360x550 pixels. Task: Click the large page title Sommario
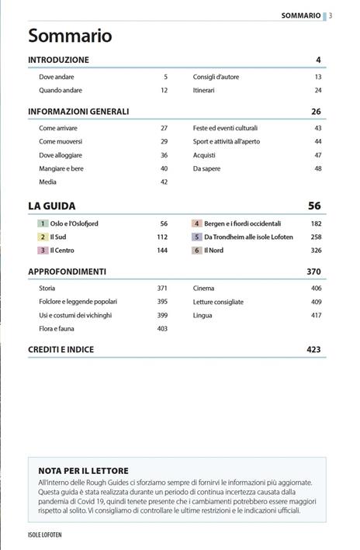(x=70, y=36)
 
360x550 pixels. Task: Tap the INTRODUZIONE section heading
(x=58, y=60)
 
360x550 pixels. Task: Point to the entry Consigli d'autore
(x=218, y=77)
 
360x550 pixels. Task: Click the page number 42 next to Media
(x=164, y=182)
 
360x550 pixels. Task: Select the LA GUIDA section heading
(x=52, y=206)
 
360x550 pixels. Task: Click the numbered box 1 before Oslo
(x=43, y=223)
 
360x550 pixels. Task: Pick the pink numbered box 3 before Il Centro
(x=43, y=251)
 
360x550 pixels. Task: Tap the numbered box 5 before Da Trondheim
(x=198, y=237)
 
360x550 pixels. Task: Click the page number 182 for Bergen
(x=316, y=223)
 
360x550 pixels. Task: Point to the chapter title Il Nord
(x=213, y=251)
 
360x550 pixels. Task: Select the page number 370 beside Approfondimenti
(x=313, y=272)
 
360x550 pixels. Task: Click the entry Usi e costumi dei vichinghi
(x=75, y=316)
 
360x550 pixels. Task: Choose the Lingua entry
(x=203, y=316)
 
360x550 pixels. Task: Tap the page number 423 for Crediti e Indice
(x=313, y=350)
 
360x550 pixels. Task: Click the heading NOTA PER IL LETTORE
(x=84, y=471)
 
